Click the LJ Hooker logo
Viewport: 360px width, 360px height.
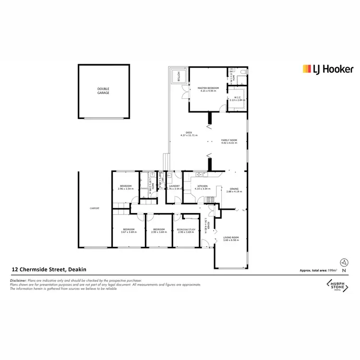tap(328, 69)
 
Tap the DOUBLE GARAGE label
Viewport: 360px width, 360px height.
tap(103, 91)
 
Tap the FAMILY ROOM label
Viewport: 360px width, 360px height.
tap(229, 139)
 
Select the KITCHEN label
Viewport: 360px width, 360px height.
tap(202, 186)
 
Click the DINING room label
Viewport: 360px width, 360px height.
tap(234, 189)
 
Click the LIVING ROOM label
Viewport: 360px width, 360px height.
tap(231, 238)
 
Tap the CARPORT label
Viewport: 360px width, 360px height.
tap(95, 208)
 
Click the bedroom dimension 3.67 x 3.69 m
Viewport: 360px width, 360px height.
tap(129, 232)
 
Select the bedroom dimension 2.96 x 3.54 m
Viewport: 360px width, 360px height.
tap(126, 189)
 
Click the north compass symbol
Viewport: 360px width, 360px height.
tap(344, 263)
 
